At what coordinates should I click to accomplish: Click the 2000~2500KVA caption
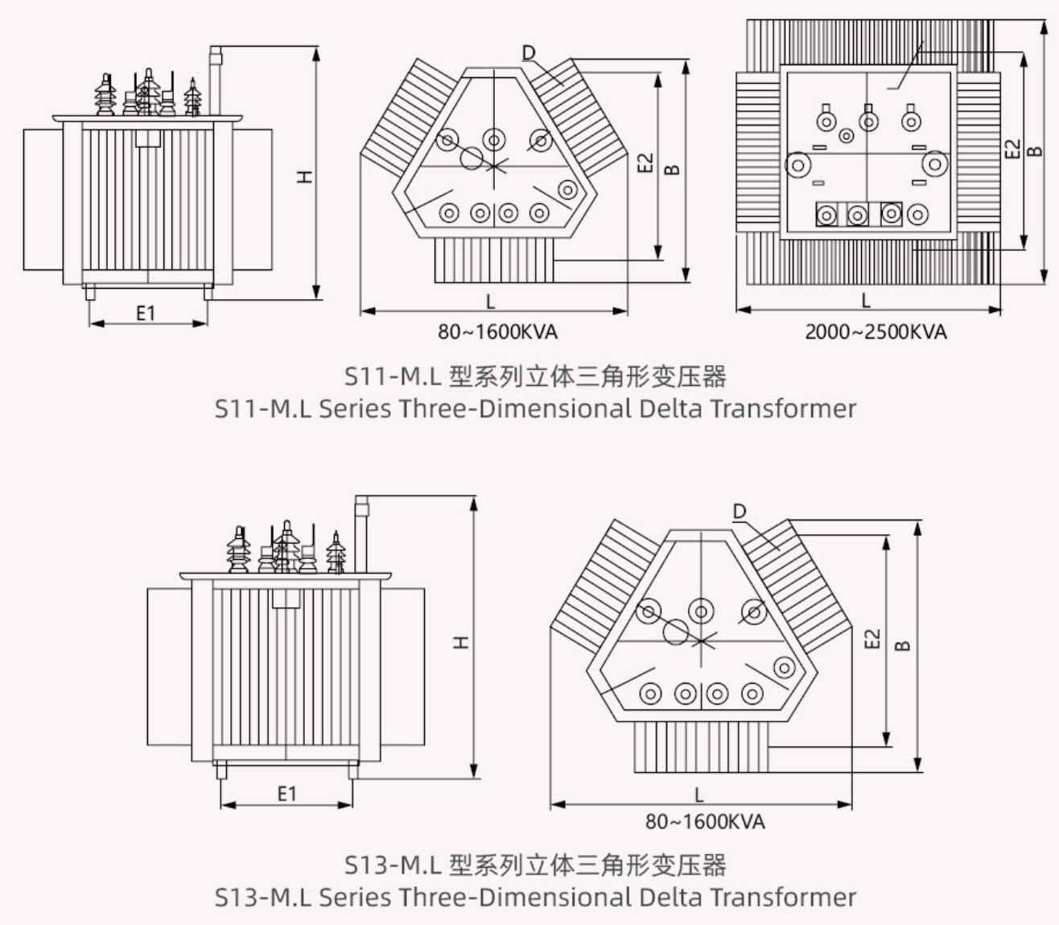click(876, 331)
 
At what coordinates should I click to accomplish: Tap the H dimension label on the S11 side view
click(304, 176)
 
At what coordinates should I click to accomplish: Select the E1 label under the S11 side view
click(146, 313)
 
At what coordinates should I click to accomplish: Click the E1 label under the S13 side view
click(287, 794)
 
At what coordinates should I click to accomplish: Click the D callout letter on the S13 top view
click(740, 511)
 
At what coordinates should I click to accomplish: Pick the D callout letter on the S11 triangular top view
click(529, 53)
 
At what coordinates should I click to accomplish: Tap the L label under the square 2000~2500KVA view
click(866, 301)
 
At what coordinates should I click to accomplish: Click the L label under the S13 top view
click(698, 795)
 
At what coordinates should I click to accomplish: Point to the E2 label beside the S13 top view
click(872, 639)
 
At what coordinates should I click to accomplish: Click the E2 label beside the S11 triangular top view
click(645, 164)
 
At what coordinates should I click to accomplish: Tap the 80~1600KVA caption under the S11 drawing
click(497, 331)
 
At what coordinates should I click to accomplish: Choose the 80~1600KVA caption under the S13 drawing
click(705, 821)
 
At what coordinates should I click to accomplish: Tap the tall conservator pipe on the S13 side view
click(361, 535)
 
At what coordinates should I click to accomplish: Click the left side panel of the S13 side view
click(169, 666)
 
